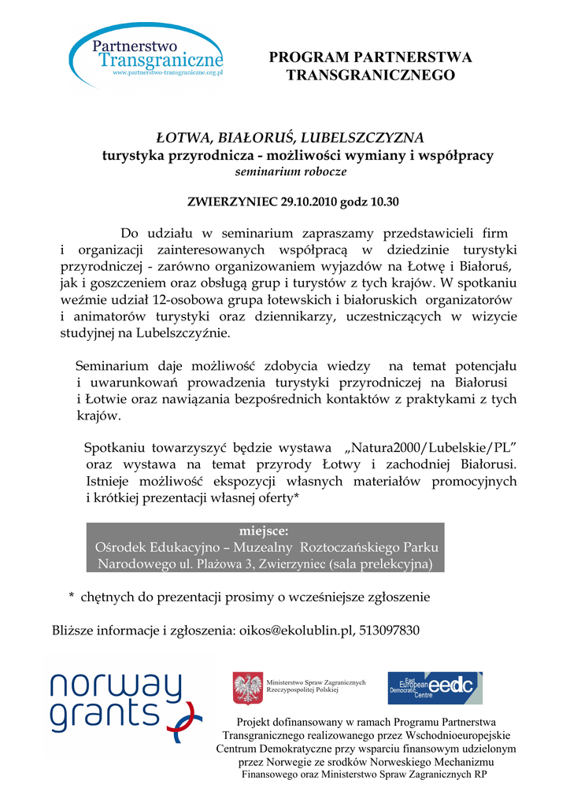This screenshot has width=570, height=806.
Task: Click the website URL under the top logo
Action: [x=168, y=72]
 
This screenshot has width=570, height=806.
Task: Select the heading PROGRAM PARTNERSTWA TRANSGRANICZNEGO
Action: [x=370, y=66]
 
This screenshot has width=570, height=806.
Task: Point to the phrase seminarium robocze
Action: [x=291, y=171]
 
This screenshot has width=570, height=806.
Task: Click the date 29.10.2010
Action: [x=309, y=201]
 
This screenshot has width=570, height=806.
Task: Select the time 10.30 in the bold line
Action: [x=385, y=201]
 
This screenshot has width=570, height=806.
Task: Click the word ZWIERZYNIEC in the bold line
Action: [x=232, y=201]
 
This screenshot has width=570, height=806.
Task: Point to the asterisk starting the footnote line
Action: [x=72, y=597]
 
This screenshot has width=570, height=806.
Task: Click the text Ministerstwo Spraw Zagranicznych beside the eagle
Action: [x=316, y=682]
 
